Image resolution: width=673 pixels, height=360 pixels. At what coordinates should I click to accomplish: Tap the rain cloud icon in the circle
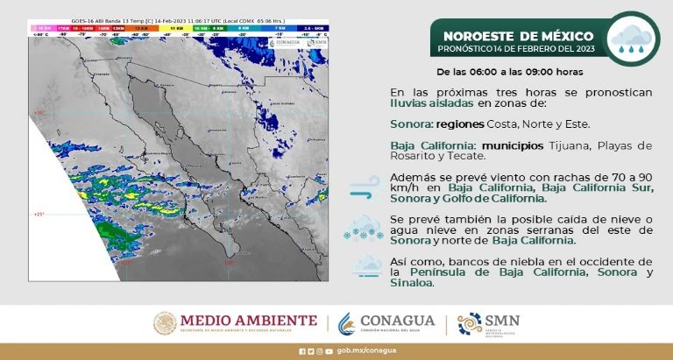tap(633, 39)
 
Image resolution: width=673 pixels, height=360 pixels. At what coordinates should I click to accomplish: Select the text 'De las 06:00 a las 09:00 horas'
tap(510, 70)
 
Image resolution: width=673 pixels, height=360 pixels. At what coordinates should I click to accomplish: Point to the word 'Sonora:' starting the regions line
tap(410, 124)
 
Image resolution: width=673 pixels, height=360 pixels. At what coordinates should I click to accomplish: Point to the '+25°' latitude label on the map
tap(39, 214)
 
